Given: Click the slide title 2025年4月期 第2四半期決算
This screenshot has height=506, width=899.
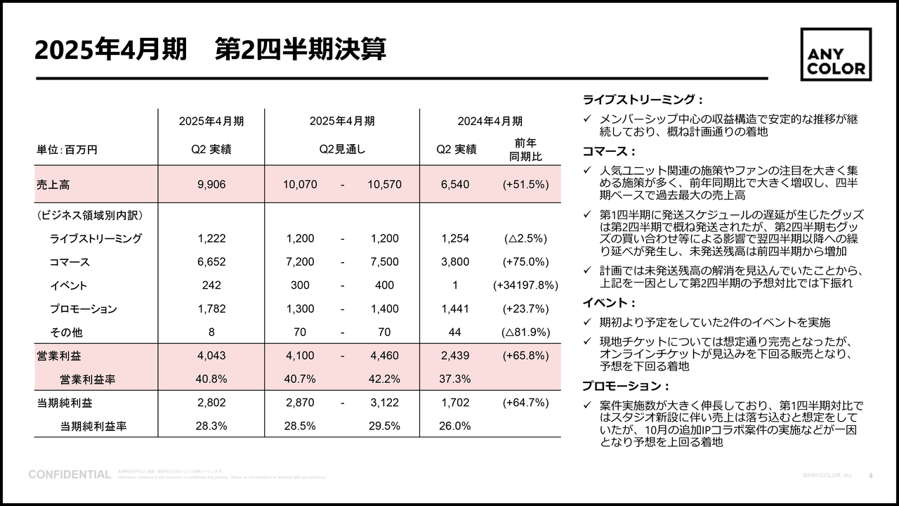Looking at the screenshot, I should pos(210,50).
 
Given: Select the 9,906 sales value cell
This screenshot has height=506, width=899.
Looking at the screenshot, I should pos(211,185).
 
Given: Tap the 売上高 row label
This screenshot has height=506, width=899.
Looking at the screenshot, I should pos(53,185).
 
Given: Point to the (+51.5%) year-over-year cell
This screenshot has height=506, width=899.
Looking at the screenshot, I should pos(525,185).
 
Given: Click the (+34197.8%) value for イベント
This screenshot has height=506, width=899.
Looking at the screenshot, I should pos(525,285).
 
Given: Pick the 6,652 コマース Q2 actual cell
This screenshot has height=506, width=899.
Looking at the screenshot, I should pos(211,262).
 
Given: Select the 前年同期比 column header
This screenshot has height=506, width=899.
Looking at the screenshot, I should pos(525,150).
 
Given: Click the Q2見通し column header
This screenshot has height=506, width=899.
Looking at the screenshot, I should pos(342,149).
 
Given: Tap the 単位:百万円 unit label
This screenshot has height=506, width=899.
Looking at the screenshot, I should pos(67,150).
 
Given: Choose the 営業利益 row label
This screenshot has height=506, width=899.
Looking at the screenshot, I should pos(54,356).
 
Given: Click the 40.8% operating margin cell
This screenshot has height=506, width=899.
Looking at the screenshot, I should pos(211,379).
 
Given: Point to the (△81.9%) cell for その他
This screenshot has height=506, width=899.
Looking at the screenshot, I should pos(525,332).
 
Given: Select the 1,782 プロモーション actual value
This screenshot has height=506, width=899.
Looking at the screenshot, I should pos(211,309).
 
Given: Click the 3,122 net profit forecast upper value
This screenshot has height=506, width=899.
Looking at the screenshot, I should pos(384,403).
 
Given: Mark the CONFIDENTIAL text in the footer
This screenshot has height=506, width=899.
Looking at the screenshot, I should pos(70,475).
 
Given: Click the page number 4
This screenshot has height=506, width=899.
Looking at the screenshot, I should pos(871,476).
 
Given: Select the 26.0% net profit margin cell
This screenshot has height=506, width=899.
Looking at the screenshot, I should pos(454,426).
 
